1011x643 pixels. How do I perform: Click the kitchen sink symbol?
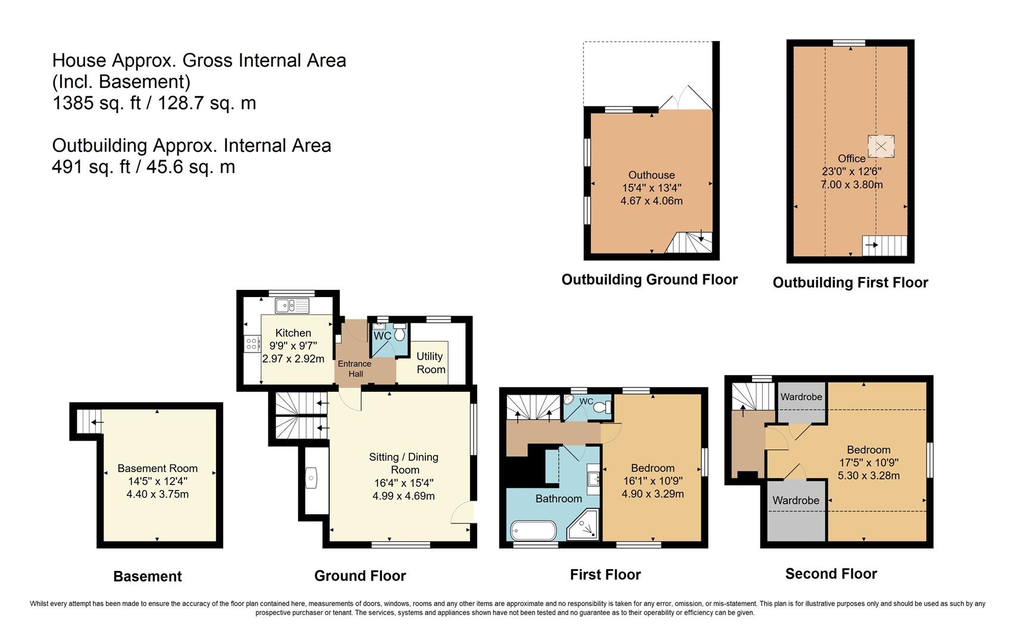(292, 306)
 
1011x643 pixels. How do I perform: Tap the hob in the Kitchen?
(252, 344)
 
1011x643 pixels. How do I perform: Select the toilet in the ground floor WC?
(399, 333)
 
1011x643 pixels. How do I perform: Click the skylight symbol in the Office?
(881, 146)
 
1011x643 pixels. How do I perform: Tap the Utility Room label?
(430, 363)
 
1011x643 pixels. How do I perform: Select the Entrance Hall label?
(355, 369)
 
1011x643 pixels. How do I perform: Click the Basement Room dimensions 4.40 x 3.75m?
(157, 494)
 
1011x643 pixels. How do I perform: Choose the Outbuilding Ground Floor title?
(649, 280)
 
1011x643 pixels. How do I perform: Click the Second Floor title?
(831, 574)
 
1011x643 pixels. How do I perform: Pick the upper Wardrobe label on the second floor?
(801, 397)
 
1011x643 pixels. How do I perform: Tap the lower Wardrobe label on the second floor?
(796, 501)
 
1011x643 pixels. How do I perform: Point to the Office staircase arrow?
(872, 245)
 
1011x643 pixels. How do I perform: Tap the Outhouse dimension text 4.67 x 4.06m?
(651, 201)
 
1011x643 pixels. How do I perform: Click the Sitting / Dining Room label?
(403, 463)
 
